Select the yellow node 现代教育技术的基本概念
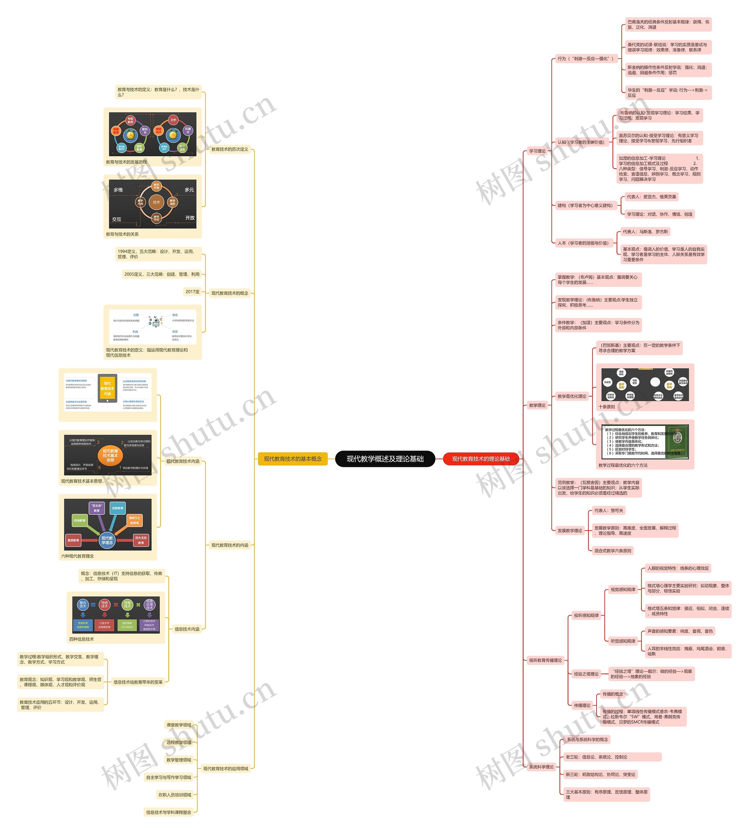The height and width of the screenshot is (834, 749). pos(293,459)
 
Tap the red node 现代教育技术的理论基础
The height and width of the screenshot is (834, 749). pos(481,459)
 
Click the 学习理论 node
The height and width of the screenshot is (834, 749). pos(537,151)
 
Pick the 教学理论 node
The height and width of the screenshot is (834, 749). pos(537,405)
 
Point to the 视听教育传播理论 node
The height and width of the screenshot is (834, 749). pos(545,660)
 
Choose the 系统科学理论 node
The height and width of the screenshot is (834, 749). pos(541,767)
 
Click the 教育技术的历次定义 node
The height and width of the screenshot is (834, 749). pos(230,149)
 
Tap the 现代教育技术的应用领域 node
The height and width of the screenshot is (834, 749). pos(226,768)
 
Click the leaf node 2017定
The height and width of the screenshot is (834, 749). pos(192,292)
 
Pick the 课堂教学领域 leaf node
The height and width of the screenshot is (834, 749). pos(178,725)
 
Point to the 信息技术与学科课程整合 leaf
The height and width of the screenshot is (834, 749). pos(169,812)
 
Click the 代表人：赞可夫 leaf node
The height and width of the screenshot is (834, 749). pos(608,510)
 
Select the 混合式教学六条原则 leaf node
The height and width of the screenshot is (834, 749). pos(612,551)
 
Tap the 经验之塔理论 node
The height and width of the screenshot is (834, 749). pos(586,674)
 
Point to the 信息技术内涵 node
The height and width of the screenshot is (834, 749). pos(187,629)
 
